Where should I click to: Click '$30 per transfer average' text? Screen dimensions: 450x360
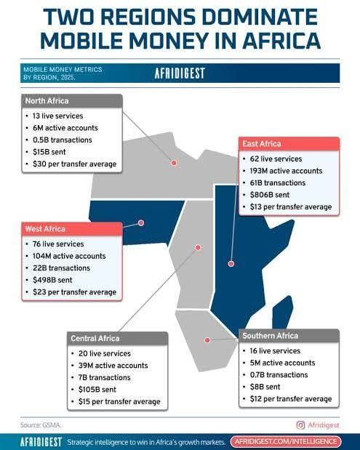pos(71,164)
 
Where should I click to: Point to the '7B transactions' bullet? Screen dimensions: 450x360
pos(105,377)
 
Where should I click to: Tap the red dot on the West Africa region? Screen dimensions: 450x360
pos(141,223)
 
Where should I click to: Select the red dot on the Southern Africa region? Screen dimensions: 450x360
pos(207,339)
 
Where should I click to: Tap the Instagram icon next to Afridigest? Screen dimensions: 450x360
pos(300,425)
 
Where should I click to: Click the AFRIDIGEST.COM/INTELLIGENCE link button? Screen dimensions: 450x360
pos(285,441)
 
